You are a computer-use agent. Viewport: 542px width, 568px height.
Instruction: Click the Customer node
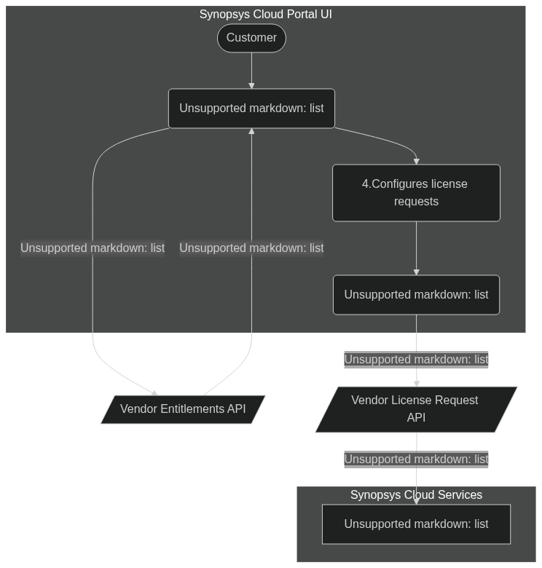251,38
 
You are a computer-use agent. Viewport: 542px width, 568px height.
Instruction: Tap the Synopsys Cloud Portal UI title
266,14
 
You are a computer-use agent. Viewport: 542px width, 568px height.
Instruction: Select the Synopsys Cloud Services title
416,494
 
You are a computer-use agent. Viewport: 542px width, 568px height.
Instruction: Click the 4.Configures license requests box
416,193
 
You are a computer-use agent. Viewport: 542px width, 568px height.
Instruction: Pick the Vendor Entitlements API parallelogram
183,409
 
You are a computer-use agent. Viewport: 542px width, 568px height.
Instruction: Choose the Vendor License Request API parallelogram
416,409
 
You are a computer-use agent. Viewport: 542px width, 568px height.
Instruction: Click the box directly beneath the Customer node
251,109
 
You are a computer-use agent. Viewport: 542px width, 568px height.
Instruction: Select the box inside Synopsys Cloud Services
416,524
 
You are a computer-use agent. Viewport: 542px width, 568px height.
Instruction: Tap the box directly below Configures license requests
416,295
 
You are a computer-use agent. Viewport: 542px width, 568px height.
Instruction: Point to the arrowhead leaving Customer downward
251,86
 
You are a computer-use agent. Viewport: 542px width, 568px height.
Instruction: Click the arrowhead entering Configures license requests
416,162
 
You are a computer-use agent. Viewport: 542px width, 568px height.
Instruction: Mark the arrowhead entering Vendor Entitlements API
154,393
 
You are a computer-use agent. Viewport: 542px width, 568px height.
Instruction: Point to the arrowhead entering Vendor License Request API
417,384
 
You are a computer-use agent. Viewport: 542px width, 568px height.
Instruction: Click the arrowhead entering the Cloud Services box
416,501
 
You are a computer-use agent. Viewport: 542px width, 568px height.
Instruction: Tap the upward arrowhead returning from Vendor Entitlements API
251,131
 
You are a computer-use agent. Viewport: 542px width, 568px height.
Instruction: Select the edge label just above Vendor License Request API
416,360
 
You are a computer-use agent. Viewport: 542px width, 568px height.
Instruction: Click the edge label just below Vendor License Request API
416,459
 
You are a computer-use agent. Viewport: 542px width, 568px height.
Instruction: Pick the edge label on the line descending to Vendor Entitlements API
93,248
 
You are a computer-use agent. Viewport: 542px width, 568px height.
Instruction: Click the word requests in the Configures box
416,202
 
